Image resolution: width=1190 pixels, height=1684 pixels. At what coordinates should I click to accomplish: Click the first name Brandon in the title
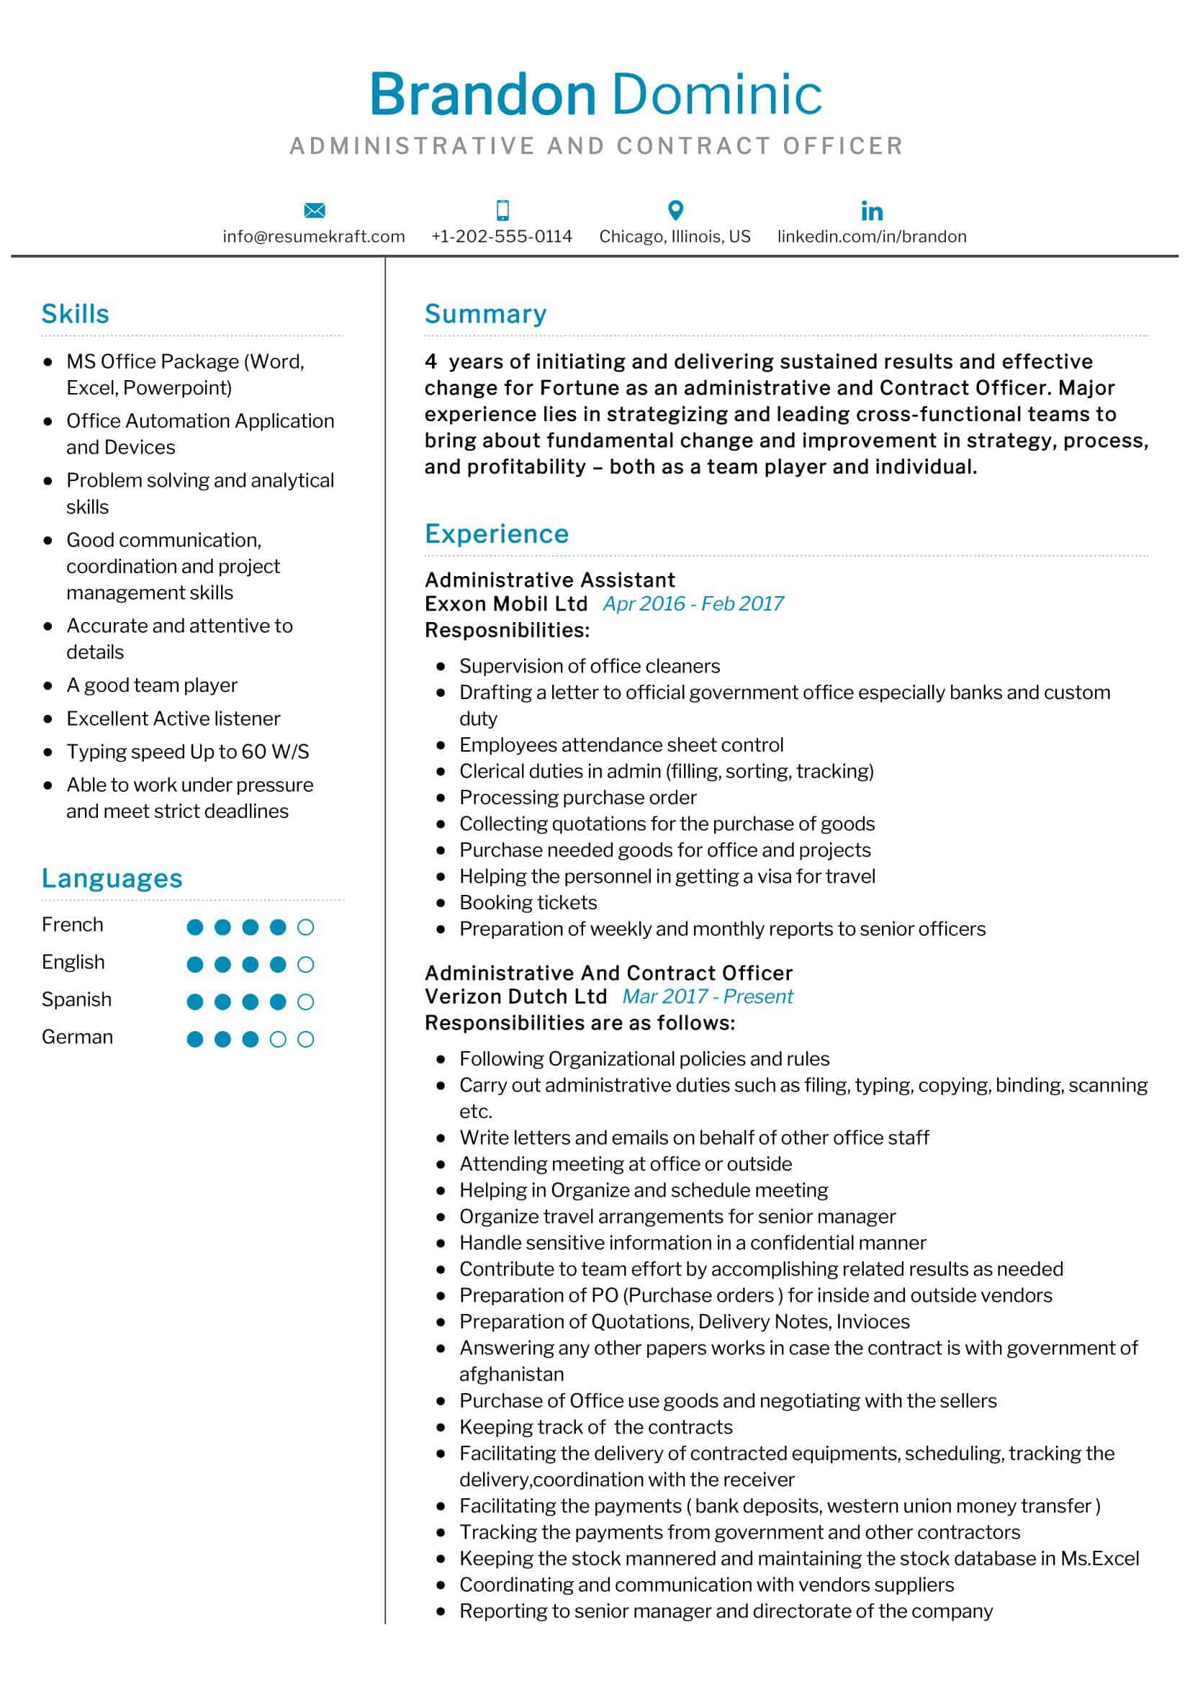(482, 95)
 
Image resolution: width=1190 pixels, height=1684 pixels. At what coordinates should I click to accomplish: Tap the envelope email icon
(314, 210)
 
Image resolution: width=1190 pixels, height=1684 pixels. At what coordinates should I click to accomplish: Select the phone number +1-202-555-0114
(502, 236)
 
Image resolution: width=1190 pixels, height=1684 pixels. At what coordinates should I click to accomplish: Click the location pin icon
(675, 210)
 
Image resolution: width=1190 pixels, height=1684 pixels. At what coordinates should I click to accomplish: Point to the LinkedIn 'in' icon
(871, 211)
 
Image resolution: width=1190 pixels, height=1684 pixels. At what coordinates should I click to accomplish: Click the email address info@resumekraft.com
(314, 236)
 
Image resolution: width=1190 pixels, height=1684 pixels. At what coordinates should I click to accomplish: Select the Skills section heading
(75, 314)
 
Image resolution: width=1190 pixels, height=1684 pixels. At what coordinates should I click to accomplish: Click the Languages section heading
(112, 878)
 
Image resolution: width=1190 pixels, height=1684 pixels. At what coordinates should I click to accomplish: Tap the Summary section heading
(485, 314)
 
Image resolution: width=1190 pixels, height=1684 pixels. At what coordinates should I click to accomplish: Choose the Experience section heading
(497, 534)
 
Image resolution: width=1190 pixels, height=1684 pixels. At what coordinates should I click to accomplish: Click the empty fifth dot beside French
(306, 927)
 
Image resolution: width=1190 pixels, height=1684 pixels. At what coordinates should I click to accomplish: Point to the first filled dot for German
(195, 1040)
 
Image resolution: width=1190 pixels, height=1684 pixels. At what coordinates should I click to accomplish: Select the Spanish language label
(76, 1000)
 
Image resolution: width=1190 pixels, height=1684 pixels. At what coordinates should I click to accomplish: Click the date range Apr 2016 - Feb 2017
(693, 603)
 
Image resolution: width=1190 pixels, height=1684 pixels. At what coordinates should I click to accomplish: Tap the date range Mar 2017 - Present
(708, 996)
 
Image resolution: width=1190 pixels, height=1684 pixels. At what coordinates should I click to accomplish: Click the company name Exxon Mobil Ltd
(506, 603)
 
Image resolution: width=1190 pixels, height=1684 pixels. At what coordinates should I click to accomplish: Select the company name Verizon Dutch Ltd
(515, 996)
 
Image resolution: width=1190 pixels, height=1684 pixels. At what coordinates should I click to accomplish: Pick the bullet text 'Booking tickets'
(528, 902)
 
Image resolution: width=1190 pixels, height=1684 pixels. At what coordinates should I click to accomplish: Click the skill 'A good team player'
(152, 685)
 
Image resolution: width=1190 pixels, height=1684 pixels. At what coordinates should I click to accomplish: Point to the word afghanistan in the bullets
(511, 1374)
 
